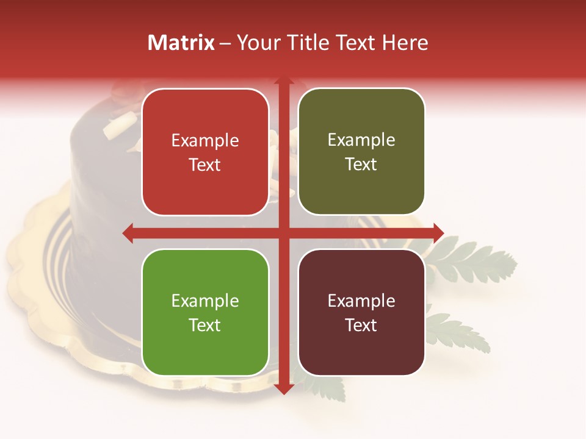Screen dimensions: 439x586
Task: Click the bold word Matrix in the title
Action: tap(181, 43)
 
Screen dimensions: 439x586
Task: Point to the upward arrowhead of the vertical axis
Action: tap(283, 83)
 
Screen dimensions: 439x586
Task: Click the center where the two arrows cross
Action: tap(283, 232)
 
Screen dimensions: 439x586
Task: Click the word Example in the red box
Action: tap(205, 141)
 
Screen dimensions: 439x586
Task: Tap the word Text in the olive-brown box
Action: tap(361, 164)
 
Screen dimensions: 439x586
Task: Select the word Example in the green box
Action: tap(205, 301)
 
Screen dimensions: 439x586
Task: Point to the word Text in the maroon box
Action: tap(361, 325)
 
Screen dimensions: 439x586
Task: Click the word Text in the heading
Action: tap(354, 43)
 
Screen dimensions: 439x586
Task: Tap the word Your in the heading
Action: tap(256, 43)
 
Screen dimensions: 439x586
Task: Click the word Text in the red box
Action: tap(205, 165)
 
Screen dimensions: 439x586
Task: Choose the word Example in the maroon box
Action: tap(361, 301)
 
